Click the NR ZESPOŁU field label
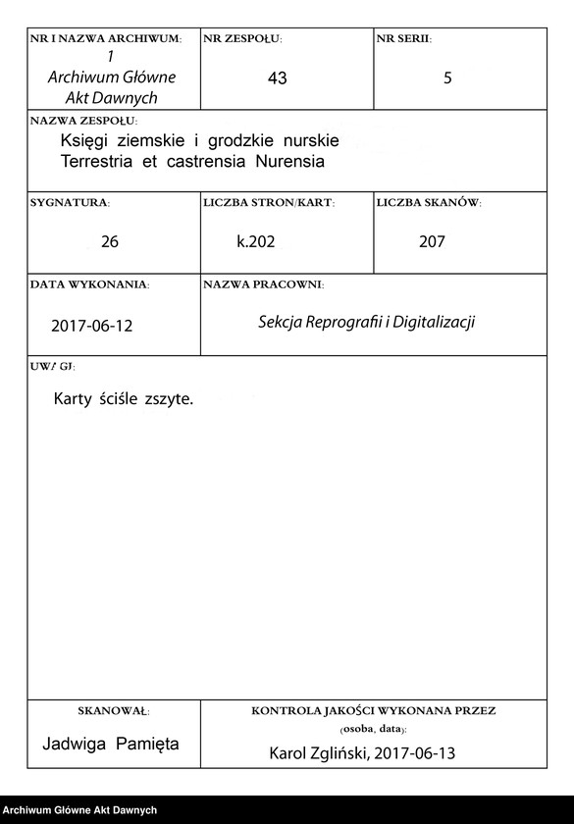click(x=242, y=39)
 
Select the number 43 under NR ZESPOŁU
click(x=277, y=78)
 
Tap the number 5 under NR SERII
click(x=447, y=78)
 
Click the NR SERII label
click(x=403, y=39)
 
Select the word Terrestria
click(x=102, y=161)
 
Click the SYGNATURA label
click(x=70, y=203)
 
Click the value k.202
click(x=255, y=241)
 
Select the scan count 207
click(x=432, y=241)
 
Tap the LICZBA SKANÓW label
click(x=428, y=203)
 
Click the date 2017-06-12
click(x=91, y=326)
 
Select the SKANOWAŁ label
click(x=113, y=710)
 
